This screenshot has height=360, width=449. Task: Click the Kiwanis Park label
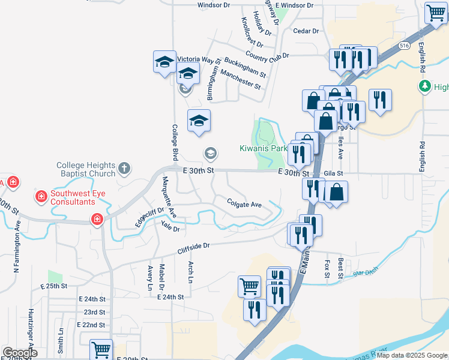click(x=263, y=148)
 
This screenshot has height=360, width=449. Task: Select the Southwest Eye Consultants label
click(x=81, y=197)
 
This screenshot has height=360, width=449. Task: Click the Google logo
click(x=20, y=353)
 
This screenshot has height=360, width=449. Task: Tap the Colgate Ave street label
click(x=244, y=204)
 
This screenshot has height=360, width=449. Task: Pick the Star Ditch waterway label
click(x=363, y=273)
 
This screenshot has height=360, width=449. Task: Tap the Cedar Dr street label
click(x=306, y=31)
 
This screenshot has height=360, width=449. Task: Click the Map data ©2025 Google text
click(x=412, y=355)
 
